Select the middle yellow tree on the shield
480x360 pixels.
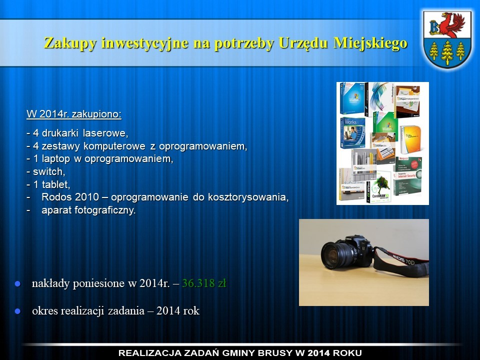447,52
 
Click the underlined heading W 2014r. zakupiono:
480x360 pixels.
74,114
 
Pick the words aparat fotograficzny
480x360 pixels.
88,210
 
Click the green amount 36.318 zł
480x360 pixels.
204,283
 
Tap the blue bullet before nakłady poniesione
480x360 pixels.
17,284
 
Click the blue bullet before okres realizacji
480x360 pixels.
17,311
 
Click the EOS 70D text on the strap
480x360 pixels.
403,260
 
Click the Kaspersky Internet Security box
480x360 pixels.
407,176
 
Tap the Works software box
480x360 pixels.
352,133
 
